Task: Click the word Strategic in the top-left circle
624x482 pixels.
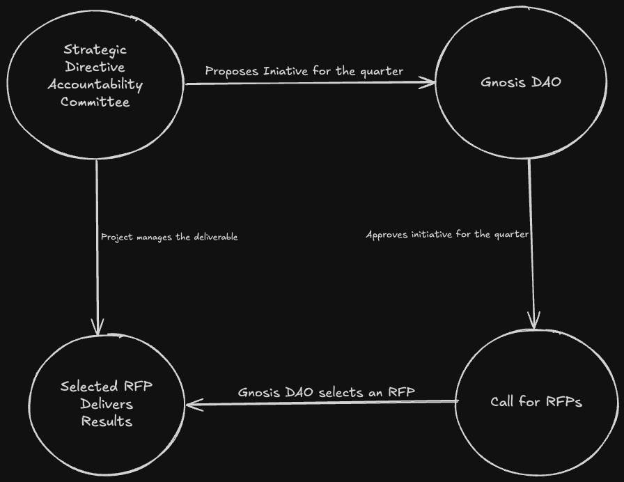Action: pyautogui.click(x=95, y=49)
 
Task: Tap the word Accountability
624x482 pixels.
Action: pyautogui.click(x=95, y=85)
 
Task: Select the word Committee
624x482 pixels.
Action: pyautogui.click(x=95, y=102)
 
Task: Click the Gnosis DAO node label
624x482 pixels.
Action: pyautogui.click(x=521, y=82)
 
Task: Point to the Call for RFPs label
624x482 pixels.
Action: pyautogui.click(x=536, y=402)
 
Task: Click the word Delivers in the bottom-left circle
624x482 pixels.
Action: pyautogui.click(x=107, y=404)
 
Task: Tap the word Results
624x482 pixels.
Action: pyautogui.click(x=107, y=421)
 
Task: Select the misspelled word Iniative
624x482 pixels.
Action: pyautogui.click(x=286, y=71)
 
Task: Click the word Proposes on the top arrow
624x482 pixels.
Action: pyautogui.click(x=232, y=71)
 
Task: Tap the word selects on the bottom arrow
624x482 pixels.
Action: pyautogui.click(x=341, y=392)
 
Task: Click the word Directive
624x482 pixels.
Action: pyautogui.click(x=95, y=67)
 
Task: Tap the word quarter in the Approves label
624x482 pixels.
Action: pyautogui.click(x=511, y=235)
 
